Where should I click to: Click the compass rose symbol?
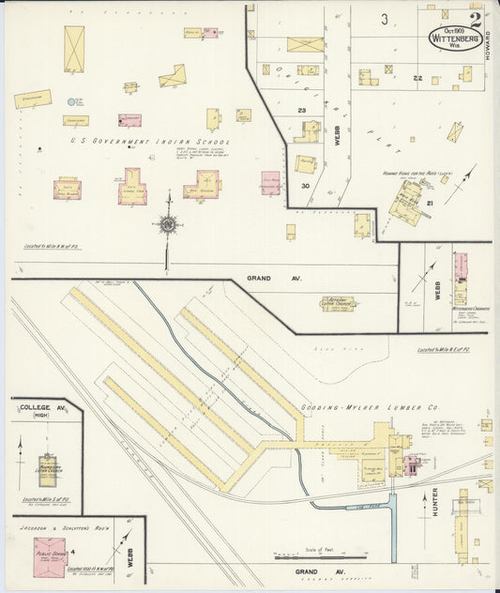(x=167, y=224)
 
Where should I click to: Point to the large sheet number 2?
(x=477, y=18)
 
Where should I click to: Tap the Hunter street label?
(x=434, y=498)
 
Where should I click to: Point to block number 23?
(x=302, y=111)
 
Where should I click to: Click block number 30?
(x=306, y=185)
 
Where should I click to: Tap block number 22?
(x=417, y=79)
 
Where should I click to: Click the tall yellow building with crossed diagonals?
(x=74, y=48)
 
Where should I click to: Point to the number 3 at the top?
(x=385, y=19)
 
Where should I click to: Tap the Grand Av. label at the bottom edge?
(x=308, y=570)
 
